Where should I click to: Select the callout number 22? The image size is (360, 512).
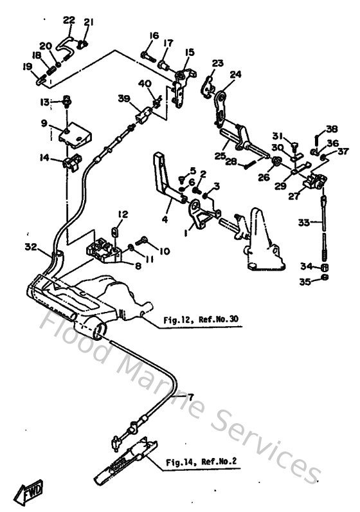click(69, 19)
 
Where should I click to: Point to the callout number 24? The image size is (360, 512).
click(235, 74)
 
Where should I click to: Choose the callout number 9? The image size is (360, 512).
click(44, 122)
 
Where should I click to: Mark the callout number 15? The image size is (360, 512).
click(189, 51)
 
